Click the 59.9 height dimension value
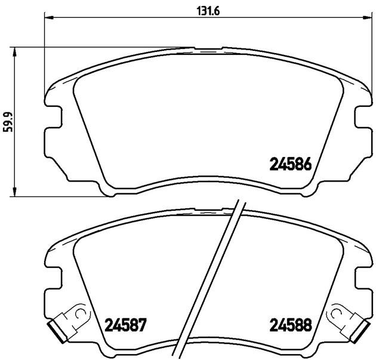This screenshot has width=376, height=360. tap(8, 122)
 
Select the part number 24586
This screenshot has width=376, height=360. tap(291, 164)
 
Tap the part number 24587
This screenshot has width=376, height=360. tap(125, 325)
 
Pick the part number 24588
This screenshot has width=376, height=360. tap(291, 325)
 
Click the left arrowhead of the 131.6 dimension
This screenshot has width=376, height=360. tap(49, 17)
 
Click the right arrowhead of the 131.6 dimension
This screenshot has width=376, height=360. tap(368, 17)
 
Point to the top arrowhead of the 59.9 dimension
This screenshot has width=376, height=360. tap(15, 51)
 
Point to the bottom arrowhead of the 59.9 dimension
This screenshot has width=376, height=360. tap(15, 192)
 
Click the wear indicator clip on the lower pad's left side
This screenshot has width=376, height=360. tap(69, 322)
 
